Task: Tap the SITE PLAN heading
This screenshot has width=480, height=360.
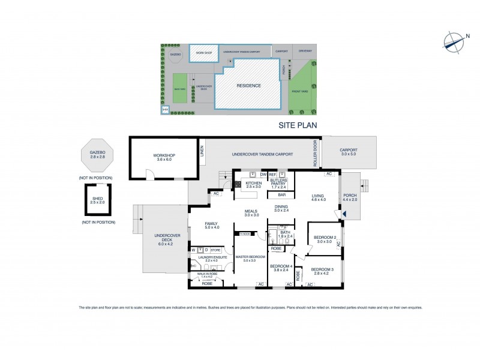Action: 297,125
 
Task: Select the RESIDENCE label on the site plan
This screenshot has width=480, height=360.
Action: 248,86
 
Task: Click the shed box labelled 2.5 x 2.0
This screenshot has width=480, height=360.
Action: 97,200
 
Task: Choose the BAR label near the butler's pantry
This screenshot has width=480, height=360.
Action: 281,195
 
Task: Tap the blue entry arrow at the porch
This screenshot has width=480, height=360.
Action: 344,214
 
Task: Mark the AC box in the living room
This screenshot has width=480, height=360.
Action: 328,174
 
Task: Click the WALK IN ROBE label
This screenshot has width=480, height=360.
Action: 206,274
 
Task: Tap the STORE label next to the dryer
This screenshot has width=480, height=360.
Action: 215,250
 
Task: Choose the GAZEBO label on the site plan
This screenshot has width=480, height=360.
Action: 175,55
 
